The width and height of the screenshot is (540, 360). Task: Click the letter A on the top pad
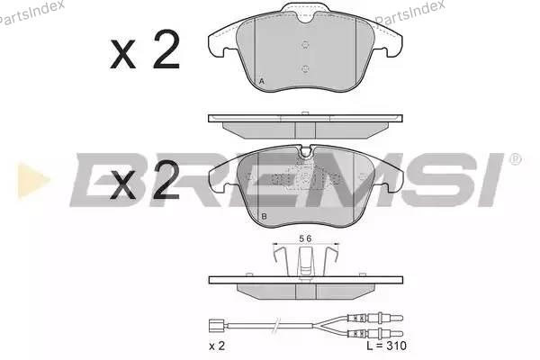(x=262, y=82)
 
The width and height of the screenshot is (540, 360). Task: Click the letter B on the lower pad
(x=264, y=217)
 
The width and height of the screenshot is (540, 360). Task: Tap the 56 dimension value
(x=305, y=238)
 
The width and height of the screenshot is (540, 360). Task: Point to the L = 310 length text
(x=386, y=346)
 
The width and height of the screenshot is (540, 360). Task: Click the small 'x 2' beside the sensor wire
(x=217, y=346)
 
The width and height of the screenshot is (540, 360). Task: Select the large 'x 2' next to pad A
(x=145, y=50)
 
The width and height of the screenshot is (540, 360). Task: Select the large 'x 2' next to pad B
(x=145, y=181)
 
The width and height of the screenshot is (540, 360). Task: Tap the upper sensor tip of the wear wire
(x=386, y=319)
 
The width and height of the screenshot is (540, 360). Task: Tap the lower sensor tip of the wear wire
(x=386, y=333)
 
